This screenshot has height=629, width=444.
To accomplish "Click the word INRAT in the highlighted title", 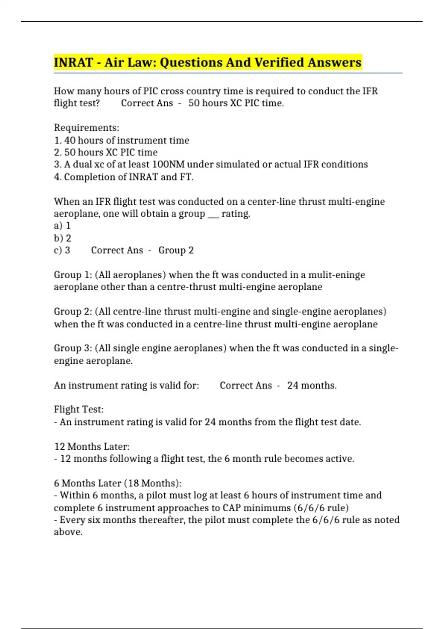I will pos(73,62).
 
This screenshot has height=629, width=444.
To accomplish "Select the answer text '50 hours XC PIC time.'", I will pos(236,103).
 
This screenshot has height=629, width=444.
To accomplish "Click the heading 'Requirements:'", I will pos(87,128).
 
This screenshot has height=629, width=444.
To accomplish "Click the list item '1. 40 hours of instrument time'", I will pos(121,140).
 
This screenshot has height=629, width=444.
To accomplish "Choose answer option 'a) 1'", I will pos(62,226).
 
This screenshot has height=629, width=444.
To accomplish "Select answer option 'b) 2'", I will pos(63,238).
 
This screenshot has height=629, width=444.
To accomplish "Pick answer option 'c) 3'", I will pos(62,250).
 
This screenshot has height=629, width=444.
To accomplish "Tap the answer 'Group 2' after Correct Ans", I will pos(176,250).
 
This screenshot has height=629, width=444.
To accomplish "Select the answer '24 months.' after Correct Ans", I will pos(312,385).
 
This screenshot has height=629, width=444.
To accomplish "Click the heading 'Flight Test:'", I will pos(79,409).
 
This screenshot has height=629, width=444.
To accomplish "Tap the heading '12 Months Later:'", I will pos(92,447).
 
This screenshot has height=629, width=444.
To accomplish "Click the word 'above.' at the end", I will pos(68,532).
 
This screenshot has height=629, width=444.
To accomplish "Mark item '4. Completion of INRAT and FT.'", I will pos(124,177).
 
